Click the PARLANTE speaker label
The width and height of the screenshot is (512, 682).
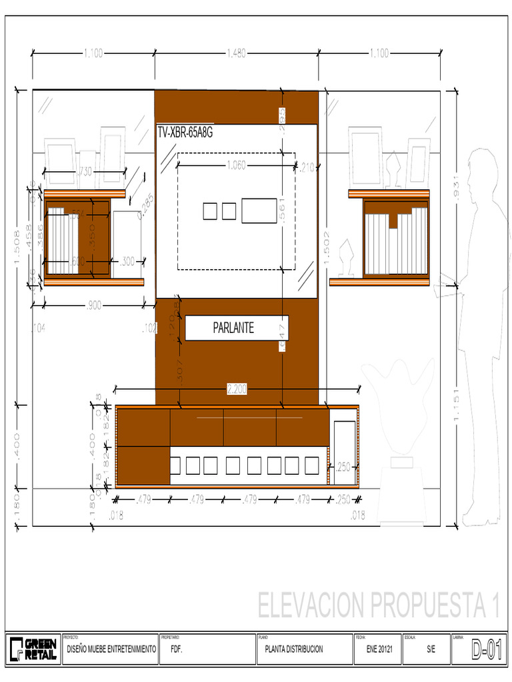(x=233, y=328)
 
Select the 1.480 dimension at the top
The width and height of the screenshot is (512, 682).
(x=237, y=54)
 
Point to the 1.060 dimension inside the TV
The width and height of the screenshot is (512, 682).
(x=236, y=165)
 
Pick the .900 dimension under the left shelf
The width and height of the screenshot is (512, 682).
(x=94, y=306)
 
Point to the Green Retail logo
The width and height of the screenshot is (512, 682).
(x=32, y=649)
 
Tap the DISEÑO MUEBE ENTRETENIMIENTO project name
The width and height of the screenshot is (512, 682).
(x=111, y=649)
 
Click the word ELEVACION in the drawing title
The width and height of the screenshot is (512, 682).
(x=311, y=606)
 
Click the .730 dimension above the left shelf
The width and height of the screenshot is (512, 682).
(x=85, y=172)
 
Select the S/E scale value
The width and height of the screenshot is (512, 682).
(x=431, y=649)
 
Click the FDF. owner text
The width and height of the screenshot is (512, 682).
(x=177, y=649)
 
